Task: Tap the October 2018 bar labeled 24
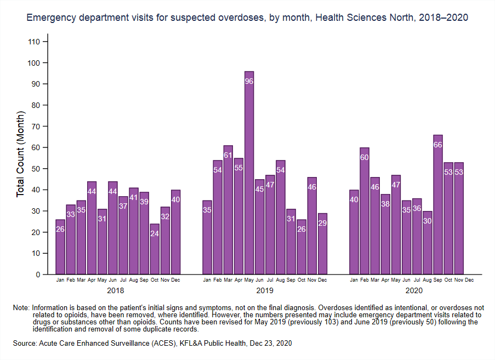click(155, 249)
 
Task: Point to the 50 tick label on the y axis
click(36, 169)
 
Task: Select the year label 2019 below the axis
click(265, 290)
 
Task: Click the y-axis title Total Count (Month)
click(20, 154)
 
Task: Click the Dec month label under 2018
click(176, 280)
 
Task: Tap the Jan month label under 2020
click(354, 280)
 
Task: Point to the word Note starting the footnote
click(21, 307)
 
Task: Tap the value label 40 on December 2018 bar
click(176, 199)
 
